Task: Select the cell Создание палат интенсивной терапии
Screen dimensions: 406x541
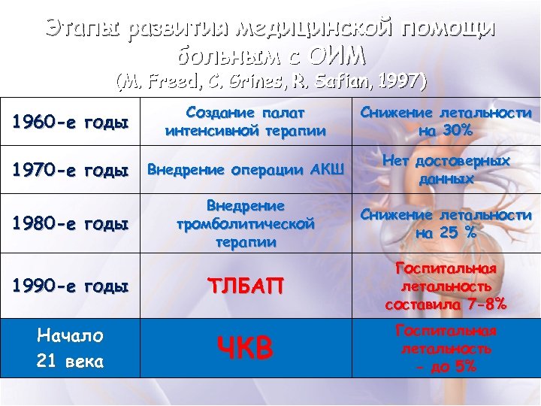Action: pyautogui.click(x=246, y=122)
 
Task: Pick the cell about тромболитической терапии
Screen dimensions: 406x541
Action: pyautogui.click(x=246, y=223)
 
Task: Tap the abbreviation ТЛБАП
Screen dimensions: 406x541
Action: pyautogui.click(x=246, y=286)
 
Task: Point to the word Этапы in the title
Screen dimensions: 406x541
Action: pyautogui.click(x=83, y=29)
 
